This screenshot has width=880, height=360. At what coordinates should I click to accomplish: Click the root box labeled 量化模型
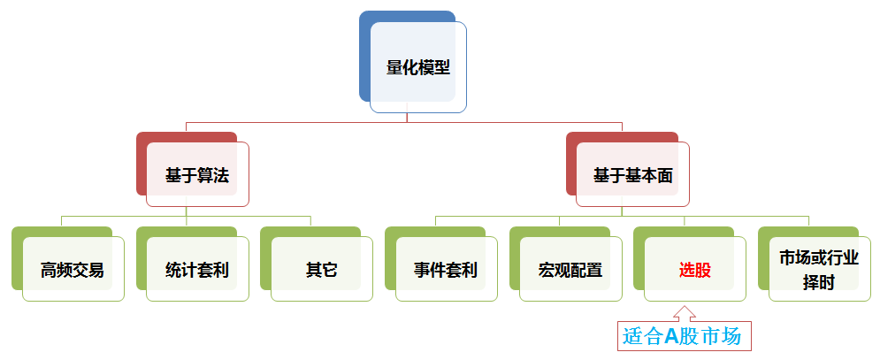click(418, 67)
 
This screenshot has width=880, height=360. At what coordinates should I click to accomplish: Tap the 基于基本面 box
click(632, 175)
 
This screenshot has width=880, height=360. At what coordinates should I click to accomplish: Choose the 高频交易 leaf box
click(73, 270)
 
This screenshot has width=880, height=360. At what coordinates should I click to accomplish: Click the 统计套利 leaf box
click(197, 270)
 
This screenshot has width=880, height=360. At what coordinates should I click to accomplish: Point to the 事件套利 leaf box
click(446, 270)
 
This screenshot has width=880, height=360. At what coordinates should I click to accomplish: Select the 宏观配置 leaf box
click(570, 270)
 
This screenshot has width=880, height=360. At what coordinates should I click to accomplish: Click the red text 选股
click(694, 270)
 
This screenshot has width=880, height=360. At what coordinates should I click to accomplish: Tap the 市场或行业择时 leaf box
click(819, 270)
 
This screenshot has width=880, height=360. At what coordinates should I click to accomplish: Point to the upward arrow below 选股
click(684, 312)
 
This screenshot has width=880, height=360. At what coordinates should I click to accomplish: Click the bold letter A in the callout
click(670, 336)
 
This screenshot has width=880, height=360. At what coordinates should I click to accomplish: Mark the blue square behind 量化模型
click(365, 53)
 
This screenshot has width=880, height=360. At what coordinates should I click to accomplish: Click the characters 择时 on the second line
click(819, 282)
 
